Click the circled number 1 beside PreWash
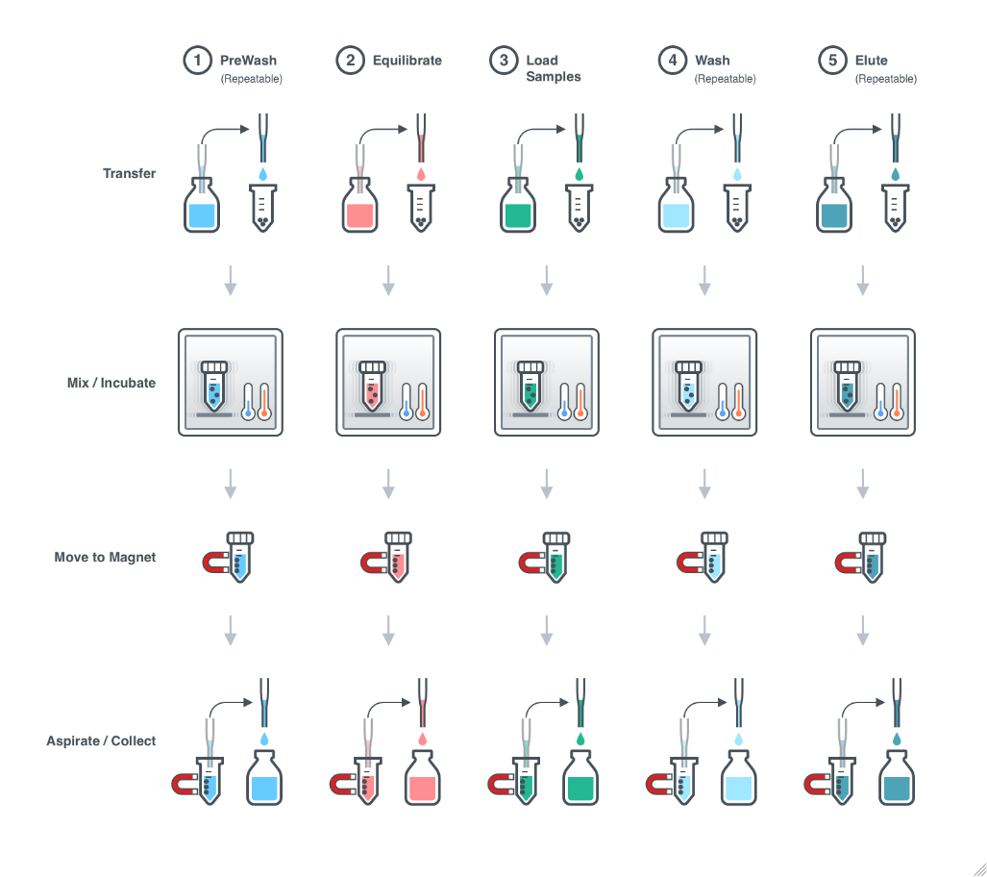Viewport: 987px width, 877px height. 198,61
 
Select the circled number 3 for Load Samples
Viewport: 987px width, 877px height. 503,61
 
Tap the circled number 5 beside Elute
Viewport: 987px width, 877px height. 832,61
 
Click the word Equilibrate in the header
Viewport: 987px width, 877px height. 407,61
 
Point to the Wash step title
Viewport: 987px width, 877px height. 712,61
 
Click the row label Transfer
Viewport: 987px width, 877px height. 129,174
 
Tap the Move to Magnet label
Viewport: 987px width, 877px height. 105,557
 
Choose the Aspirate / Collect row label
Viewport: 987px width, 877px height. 101,741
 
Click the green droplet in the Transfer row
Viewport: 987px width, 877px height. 580,174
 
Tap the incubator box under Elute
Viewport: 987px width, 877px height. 863,383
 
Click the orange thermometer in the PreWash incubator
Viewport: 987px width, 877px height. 263,400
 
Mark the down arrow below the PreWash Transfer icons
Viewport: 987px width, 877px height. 231,281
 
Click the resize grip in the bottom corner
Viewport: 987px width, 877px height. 978,867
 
